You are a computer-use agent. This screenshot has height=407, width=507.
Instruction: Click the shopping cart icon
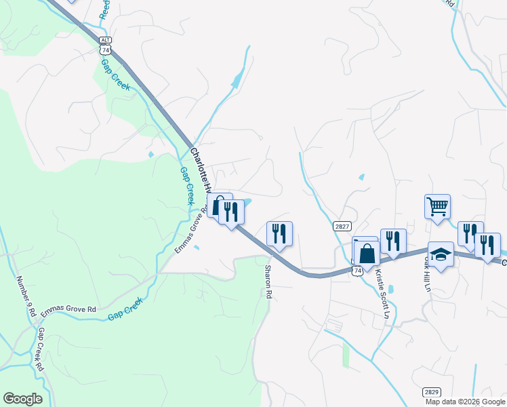437,206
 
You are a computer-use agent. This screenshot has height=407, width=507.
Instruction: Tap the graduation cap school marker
441,255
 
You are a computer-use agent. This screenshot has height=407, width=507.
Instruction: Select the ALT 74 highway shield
104,45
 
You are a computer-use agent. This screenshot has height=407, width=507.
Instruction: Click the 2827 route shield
342,226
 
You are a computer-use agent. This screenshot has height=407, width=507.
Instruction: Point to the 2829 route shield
431,392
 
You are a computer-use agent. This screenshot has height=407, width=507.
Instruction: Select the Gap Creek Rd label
41,349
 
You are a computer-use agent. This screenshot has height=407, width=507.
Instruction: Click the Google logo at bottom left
22,399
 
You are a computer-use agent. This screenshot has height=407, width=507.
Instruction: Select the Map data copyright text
466,402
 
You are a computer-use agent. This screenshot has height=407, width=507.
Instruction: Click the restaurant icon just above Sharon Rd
279,233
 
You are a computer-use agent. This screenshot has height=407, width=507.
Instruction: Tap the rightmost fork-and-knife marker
488,244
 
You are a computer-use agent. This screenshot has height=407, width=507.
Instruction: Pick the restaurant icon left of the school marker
392,241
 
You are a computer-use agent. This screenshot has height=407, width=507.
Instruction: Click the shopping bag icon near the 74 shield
367,254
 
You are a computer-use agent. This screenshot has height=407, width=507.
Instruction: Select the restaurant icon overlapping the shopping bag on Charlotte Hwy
231,212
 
